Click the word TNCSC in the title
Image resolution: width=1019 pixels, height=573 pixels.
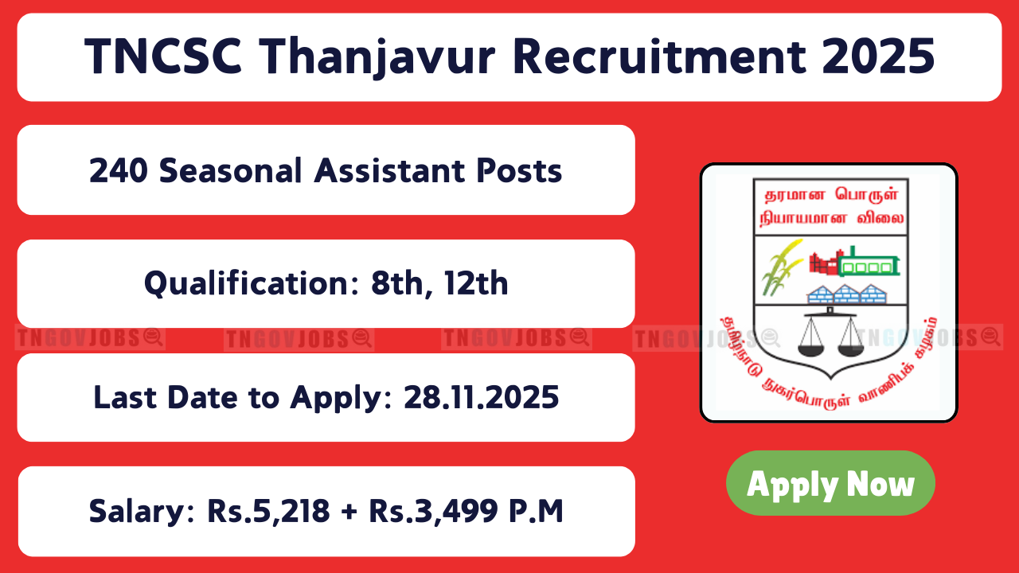pyautogui.click(x=163, y=57)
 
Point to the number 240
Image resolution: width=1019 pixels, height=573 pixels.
pyautogui.click(x=119, y=171)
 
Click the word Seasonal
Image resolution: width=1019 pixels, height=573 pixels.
pyautogui.click(x=231, y=171)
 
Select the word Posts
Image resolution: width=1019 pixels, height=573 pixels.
pyautogui.click(x=519, y=171)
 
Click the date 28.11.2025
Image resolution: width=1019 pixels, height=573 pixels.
pyautogui.click(x=482, y=397)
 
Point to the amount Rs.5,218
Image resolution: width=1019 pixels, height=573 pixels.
pyautogui.click(x=268, y=512)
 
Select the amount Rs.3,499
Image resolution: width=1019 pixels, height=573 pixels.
pyautogui.click(x=434, y=512)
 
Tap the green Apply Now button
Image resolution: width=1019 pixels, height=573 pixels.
pyautogui.click(x=830, y=483)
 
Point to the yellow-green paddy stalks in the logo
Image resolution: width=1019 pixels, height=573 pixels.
pyautogui.click(x=782, y=267)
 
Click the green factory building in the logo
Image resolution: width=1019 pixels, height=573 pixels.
pyautogui.click(x=869, y=263)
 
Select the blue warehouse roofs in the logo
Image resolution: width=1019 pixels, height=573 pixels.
pyautogui.click(x=846, y=294)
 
